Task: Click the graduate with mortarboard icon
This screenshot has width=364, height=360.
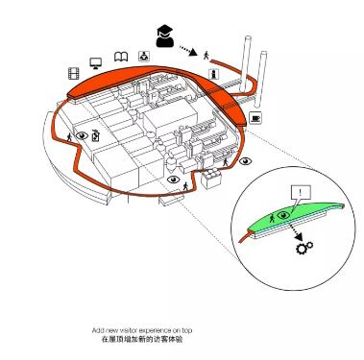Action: [165, 36]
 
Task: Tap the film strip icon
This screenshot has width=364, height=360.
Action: [74, 74]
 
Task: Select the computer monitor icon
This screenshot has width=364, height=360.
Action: [95, 63]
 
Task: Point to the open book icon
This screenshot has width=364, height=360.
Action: [121, 57]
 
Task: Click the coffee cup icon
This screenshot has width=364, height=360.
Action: [255, 118]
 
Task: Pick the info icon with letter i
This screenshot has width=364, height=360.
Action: [213, 74]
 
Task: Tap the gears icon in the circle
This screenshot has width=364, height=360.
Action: [303, 248]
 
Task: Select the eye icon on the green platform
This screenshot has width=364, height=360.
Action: [283, 215]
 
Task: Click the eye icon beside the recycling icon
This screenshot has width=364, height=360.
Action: [82, 135]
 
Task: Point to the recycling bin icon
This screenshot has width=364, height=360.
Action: [96, 135]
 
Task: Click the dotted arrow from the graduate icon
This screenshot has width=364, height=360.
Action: [188, 51]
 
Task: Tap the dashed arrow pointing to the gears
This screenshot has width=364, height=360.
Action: [296, 232]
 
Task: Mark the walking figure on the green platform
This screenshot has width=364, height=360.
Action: [272, 218]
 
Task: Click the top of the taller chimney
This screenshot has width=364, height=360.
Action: [247, 38]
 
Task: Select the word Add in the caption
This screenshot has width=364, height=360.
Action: [98, 330]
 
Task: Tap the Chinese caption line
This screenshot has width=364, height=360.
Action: [142, 340]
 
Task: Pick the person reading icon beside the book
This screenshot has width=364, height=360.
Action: [144, 57]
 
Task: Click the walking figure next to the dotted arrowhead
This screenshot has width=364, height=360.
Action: [206, 56]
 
